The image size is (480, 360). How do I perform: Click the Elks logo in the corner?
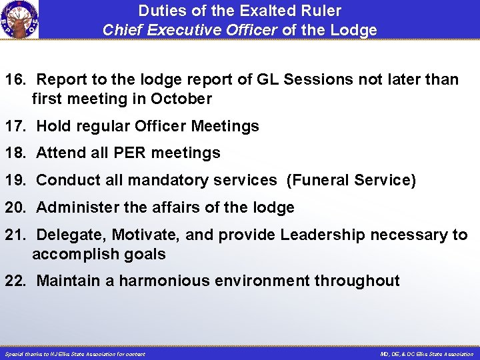point(19,19)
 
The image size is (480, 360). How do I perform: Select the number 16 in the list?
point(15,80)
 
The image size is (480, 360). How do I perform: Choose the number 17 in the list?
point(15,126)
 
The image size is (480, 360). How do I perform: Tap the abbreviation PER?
point(130,153)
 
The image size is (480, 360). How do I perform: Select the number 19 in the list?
point(15,180)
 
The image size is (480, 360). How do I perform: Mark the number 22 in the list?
point(15,281)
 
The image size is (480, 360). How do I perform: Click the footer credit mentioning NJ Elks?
point(75,354)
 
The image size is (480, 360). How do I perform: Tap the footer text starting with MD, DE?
point(427,354)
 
